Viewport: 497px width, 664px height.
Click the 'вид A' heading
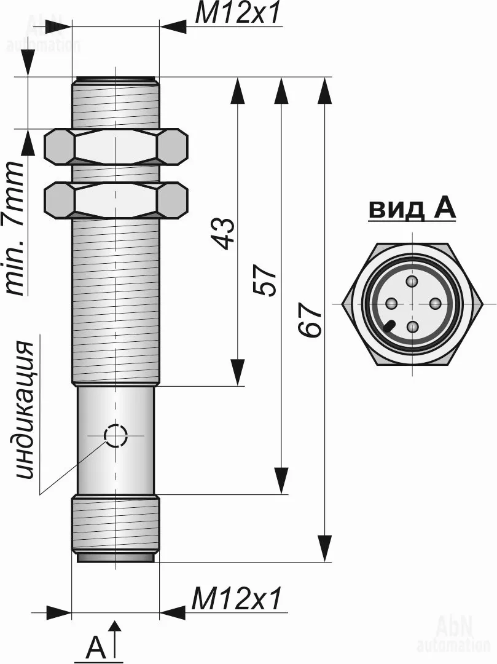click(x=412, y=209)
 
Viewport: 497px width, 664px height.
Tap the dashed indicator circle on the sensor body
click(x=115, y=436)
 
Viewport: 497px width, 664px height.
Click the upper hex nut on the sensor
click(x=115, y=148)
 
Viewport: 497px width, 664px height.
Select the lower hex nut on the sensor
click(x=115, y=200)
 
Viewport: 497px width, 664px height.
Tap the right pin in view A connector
click(x=435, y=304)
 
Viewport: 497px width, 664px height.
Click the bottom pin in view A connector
click(x=413, y=326)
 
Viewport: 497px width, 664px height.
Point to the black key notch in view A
click(x=389, y=326)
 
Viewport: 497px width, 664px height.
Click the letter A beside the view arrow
click(x=95, y=649)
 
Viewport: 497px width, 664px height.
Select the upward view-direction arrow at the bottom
click(x=115, y=639)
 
